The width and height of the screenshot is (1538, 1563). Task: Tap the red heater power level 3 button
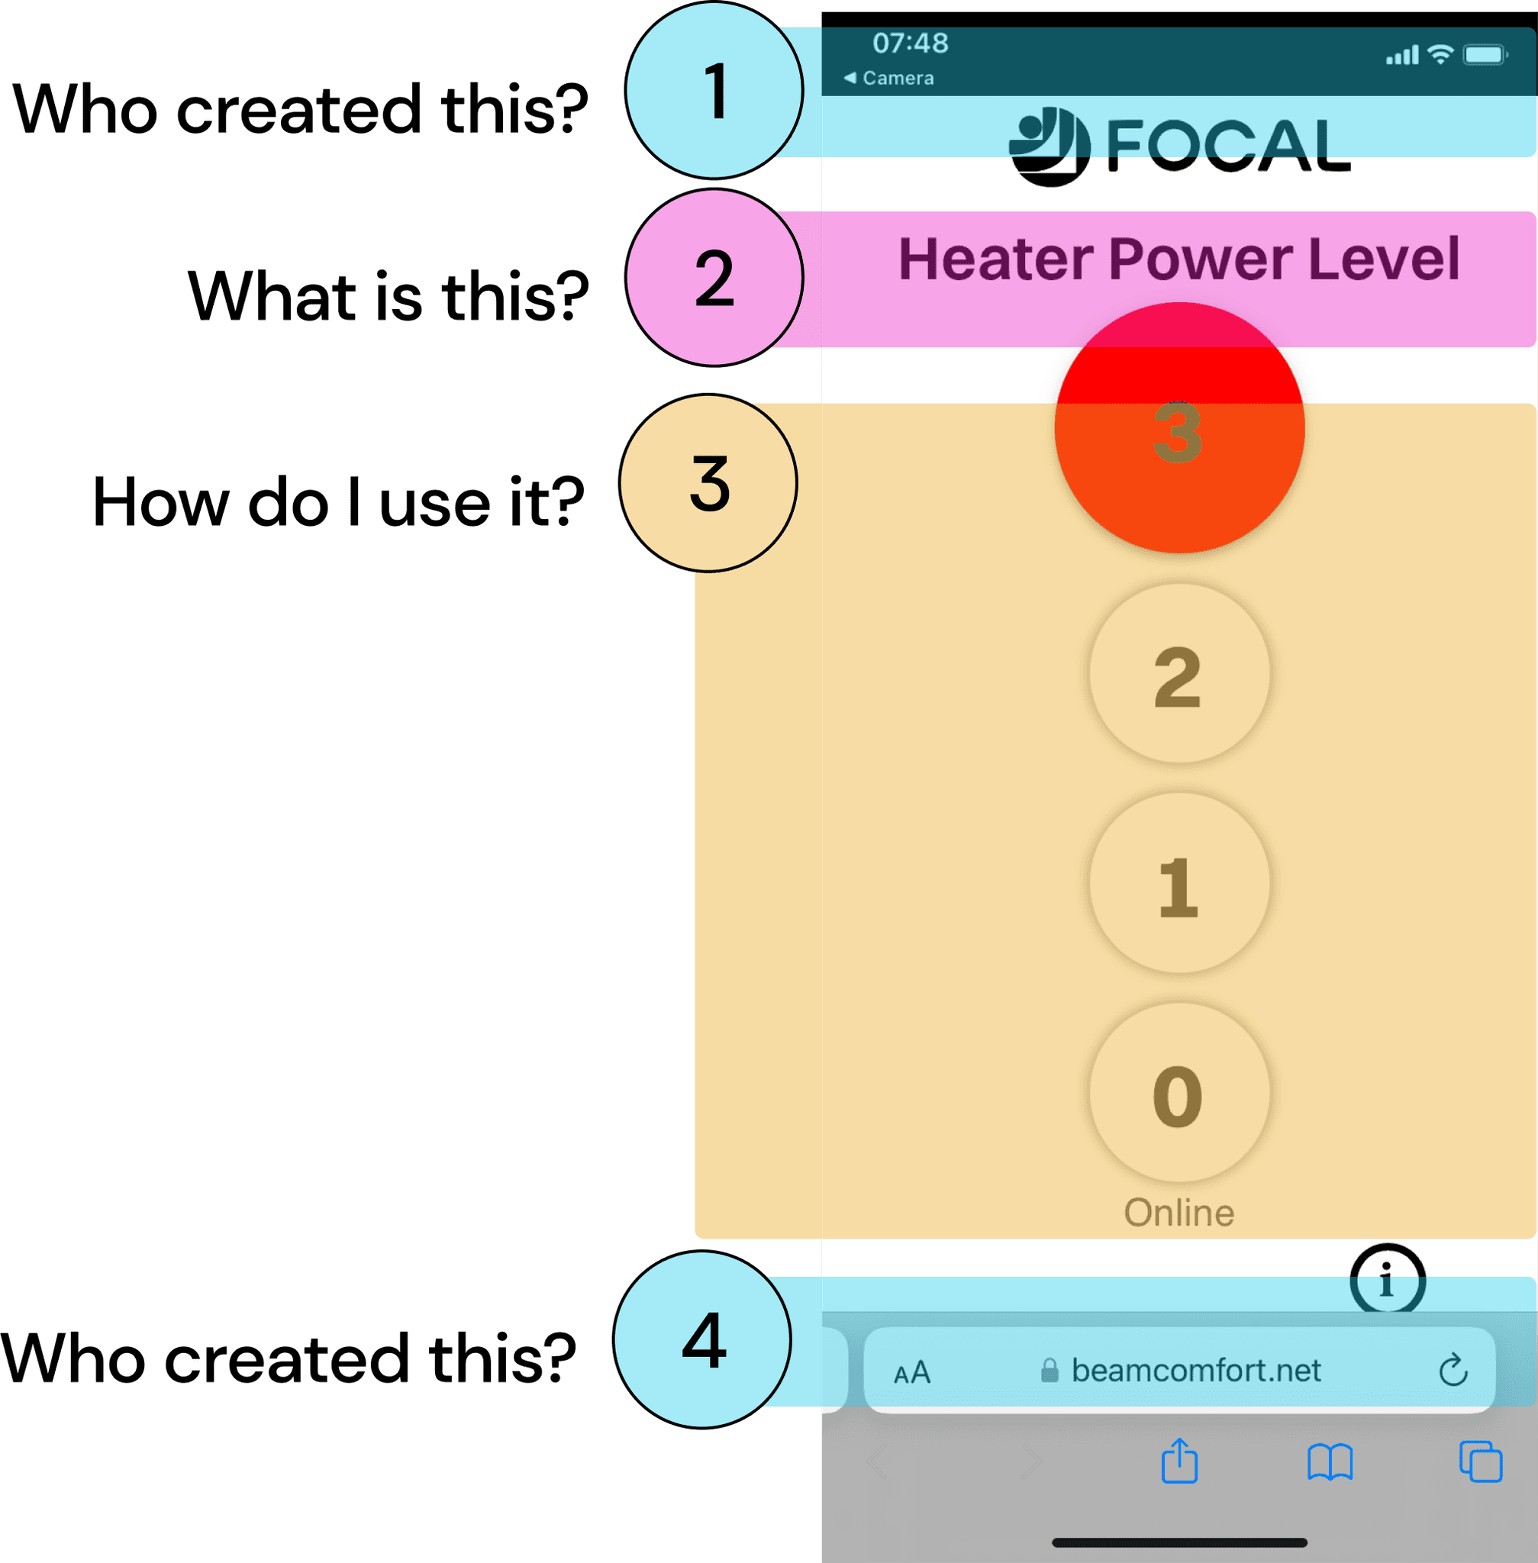[x=1178, y=428]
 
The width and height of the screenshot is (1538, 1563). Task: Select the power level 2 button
[x=1178, y=674]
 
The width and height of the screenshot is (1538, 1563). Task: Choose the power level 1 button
[x=1178, y=883]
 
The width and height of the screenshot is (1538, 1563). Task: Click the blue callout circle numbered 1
[x=714, y=91]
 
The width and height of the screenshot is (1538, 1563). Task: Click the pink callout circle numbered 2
[x=714, y=278]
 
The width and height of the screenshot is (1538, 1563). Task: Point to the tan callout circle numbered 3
[x=708, y=483]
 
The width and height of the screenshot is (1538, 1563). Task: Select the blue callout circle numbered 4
[x=702, y=1340]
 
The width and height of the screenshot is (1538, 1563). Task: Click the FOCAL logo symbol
[x=1050, y=147]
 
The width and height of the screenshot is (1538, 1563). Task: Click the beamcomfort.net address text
[x=1195, y=1371]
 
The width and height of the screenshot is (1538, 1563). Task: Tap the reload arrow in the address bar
[x=1453, y=1370]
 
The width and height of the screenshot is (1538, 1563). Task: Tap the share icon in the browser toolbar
[x=1179, y=1461]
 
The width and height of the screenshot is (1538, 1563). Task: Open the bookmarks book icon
[x=1330, y=1462]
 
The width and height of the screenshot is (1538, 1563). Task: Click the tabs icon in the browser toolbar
[x=1480, y=1462]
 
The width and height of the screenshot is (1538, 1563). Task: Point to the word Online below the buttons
[x=1178, y=1213]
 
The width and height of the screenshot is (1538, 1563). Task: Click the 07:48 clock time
[x=911, y=43]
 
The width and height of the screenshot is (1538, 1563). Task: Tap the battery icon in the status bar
[x=1485, y=55]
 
